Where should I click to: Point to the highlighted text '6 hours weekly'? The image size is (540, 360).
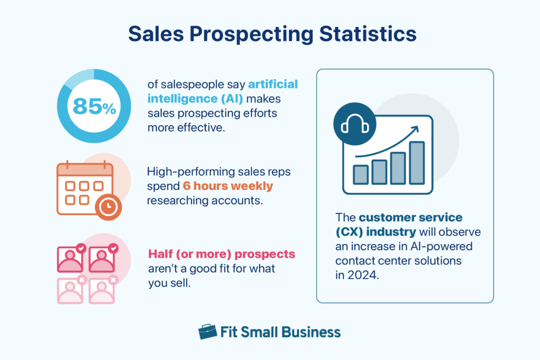click(x=228, y=186)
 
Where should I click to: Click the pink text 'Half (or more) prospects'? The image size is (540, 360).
click(x=221, y=254)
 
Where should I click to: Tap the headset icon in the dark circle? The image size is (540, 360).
click(x=354, y=125)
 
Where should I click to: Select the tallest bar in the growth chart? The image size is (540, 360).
click(x=417, y=163)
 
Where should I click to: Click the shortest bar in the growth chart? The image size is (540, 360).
click(x=361, y=174)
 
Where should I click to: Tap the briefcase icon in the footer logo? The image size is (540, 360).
click(x=207, y=332)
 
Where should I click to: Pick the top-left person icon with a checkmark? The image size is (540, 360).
click(x=70, y=258)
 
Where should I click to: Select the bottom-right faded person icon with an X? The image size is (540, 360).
click(x=102, y=289)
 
